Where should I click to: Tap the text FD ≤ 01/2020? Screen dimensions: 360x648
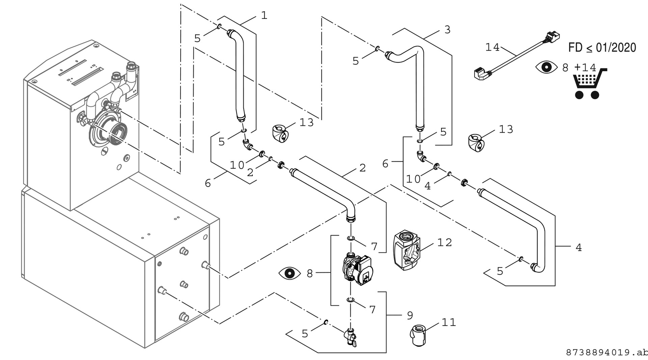coord(602,48)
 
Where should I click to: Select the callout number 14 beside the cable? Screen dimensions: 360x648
coord(492,48)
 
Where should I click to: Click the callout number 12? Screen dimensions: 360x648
coord(444,243)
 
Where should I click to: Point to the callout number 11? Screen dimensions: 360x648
coord(449,323)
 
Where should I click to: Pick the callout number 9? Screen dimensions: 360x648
coord(410,315)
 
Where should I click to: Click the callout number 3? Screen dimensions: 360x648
coord(447,30)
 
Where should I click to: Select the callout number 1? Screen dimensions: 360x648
coord(264,16)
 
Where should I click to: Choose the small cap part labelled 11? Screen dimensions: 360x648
coord(418,334)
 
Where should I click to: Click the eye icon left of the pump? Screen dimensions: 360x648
coord(290,273)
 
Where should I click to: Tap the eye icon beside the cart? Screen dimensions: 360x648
coord(547,67)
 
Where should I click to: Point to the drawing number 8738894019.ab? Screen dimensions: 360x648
coord(606,353)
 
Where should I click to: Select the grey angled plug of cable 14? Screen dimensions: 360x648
coord(481,73)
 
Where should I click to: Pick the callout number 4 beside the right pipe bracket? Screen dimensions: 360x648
coord(578,248)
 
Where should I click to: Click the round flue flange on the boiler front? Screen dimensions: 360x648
coord(108,132)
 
